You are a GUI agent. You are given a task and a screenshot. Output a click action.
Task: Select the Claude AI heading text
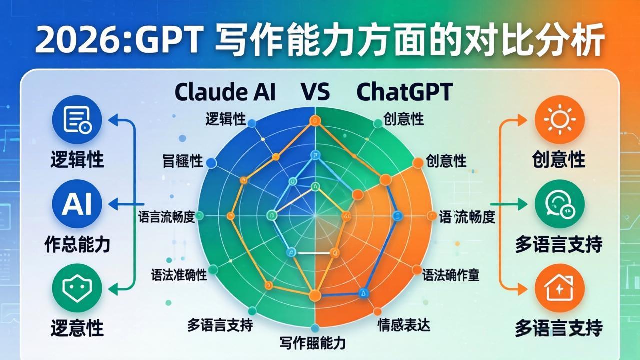pyautogui.click(x=225, y=92)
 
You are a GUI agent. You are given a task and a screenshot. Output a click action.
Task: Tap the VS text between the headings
pyautogui.click(x=315, y=92)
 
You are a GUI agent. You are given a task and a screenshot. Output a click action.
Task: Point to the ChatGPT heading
pyautogui.click(x=405, y=92)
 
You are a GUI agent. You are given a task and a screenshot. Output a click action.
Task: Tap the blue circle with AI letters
pyautogui.click(x=77, y=204)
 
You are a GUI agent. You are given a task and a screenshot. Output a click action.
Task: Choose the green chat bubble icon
pyautogui.click(x=559, y=204)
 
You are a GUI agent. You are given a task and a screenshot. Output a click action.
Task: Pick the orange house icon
pyautogui.click(x=559, y=288)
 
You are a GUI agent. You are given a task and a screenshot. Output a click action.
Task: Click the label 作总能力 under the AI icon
pyautogui.click(x=77, y=244)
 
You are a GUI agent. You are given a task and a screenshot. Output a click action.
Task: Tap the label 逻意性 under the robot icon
pyautogui.click(x=77, y=328)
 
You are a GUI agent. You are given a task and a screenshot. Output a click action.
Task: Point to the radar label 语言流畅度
pyautogui.click(x=166, y=217)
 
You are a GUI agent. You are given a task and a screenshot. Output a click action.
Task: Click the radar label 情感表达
pyautogui.click(x=404, y=325)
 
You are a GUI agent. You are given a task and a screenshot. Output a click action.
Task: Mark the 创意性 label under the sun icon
pyautogui.click(x=559, y=160)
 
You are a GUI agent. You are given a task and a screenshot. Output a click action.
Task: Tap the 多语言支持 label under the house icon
pyautogui.click(x=559, y=328)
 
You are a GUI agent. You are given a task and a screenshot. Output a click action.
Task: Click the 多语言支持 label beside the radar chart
pyautogui.click(x=220, y=325)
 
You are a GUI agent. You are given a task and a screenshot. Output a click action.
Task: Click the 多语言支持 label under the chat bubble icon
pyautogui.click(x=559, y=244)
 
